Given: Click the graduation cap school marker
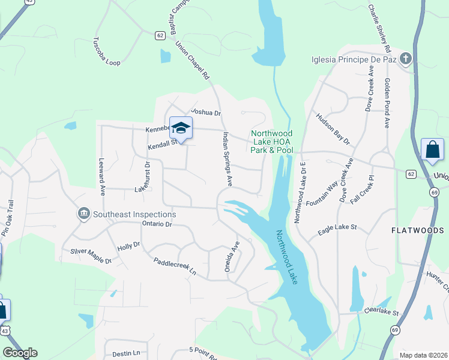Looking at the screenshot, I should point(181,128).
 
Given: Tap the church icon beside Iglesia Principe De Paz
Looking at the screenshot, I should point(406,59).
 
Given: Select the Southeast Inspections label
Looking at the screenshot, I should point(133,214).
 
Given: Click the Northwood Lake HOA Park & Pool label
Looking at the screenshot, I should point(272,142).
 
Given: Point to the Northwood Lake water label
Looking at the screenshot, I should point(288,257).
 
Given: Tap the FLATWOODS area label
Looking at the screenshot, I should point(418,230).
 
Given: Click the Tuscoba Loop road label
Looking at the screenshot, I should point(106,52).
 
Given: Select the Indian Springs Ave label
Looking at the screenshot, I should point(227,157).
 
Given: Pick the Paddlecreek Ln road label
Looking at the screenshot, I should point(175,266).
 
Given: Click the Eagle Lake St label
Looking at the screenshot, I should point(337,227).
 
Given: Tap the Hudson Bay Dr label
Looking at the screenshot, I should point(333,129).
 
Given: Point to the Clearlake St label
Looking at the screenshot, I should point(381,312).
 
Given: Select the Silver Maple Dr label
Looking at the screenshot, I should point(91,256).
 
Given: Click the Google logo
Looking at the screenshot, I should point(20,353).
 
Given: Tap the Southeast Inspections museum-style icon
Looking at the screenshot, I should point(83,214).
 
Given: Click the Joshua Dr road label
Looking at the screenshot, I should point(206,112).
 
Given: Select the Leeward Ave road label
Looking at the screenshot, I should point(102,177).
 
